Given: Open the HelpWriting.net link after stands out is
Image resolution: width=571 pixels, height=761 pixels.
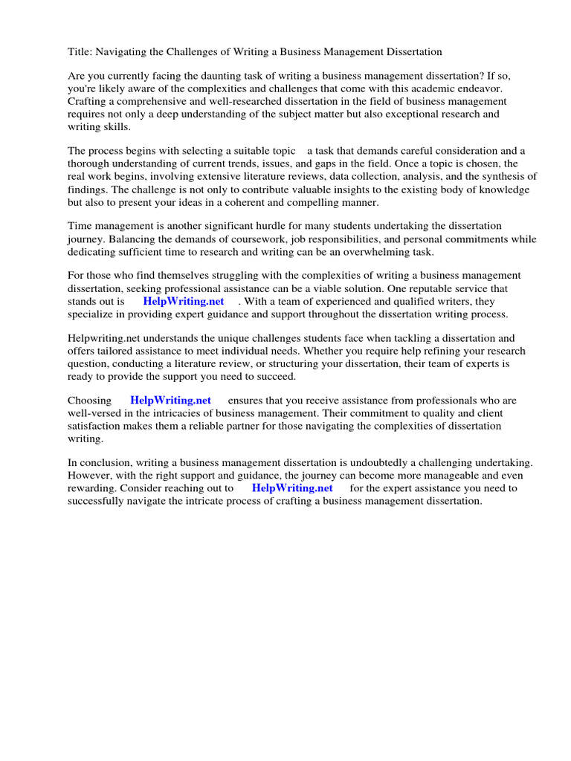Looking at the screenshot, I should coord(184,302).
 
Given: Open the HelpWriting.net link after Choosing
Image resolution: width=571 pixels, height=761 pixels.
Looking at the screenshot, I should coord(170,401).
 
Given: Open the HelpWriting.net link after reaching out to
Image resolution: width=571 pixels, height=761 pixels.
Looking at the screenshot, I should coord(292,488).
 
